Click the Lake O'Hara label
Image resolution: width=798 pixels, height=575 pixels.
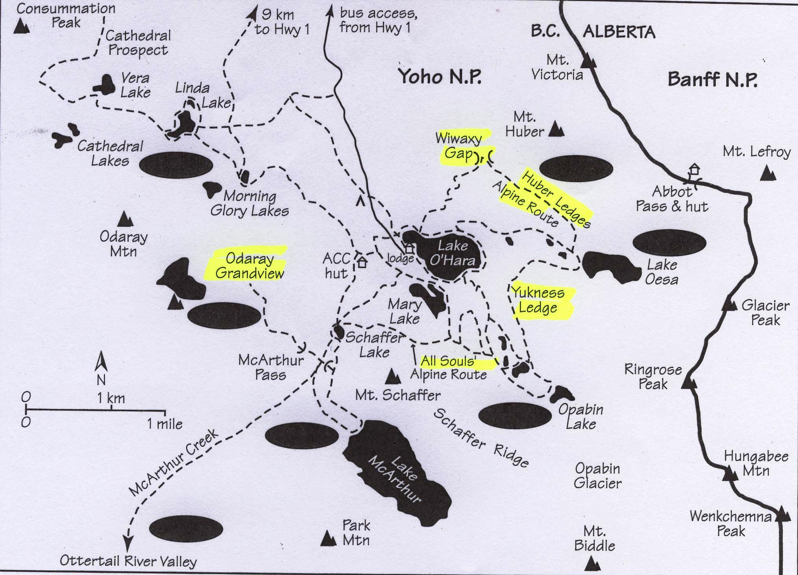(453, 253)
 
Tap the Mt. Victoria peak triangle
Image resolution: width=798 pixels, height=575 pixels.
(588, 62)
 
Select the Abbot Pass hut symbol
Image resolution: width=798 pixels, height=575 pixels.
(695, 170)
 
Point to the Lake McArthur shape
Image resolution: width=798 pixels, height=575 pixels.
(397, 471)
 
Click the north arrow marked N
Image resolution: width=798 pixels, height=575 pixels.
(101, 361)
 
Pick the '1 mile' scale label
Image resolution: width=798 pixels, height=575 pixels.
(165, 424)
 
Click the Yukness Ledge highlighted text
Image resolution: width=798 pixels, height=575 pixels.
(538, 300)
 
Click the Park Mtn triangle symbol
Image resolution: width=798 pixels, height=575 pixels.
(328, 539)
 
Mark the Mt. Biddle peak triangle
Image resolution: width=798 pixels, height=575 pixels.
(592, 564)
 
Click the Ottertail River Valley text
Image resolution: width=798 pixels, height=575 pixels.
(128, 561)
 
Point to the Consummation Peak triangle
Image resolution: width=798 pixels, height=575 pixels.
(21, 27)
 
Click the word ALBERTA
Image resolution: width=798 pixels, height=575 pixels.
(619, 32)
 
